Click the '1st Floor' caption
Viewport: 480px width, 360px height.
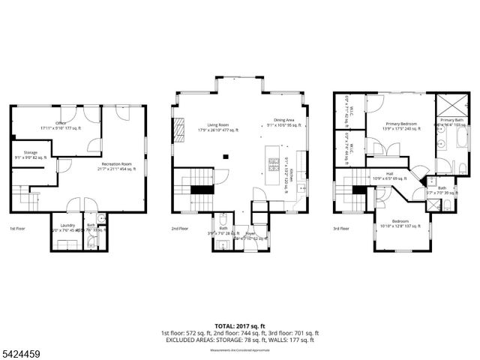(x=17, y=228)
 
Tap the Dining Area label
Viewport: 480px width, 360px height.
(x=283, y=121)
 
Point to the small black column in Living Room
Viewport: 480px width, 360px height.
(x=225, y=157)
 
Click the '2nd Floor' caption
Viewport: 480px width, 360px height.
(x=179, y=228)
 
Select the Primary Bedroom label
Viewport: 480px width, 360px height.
(x=401, y=124)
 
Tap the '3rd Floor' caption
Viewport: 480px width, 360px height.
(x=341, y=228)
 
